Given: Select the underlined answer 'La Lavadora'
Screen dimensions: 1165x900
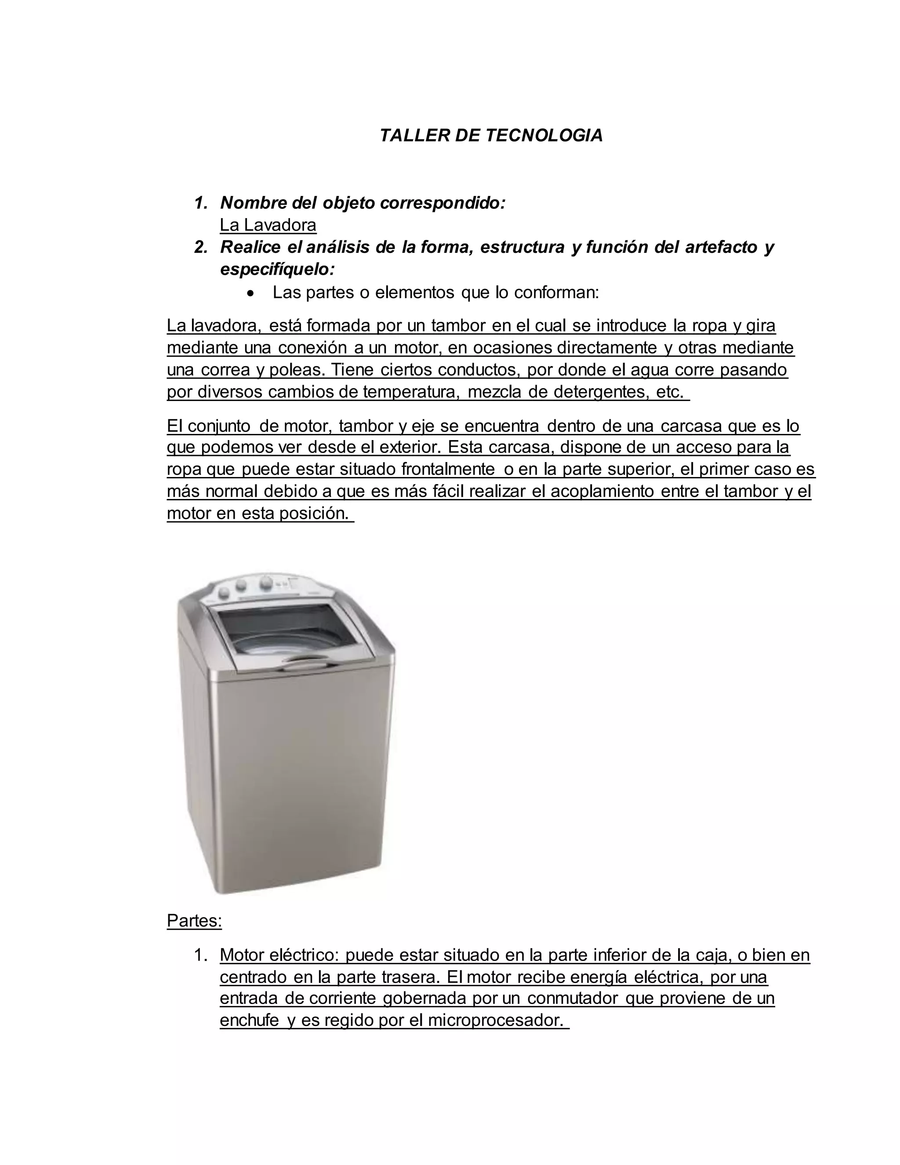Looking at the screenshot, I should coord(268,225).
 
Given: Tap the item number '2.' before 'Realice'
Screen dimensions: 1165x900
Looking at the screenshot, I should coord(200,248).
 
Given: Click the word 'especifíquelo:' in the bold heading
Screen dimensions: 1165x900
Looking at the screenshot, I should coord(277,270).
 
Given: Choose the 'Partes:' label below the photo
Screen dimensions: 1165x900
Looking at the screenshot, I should coord(194,921).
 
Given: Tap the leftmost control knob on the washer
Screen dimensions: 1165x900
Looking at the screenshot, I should coord(225,593).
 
